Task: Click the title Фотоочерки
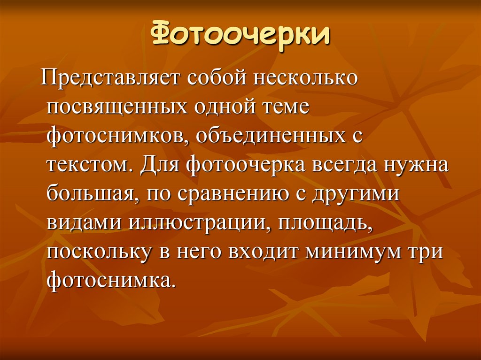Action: click(240, 35)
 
